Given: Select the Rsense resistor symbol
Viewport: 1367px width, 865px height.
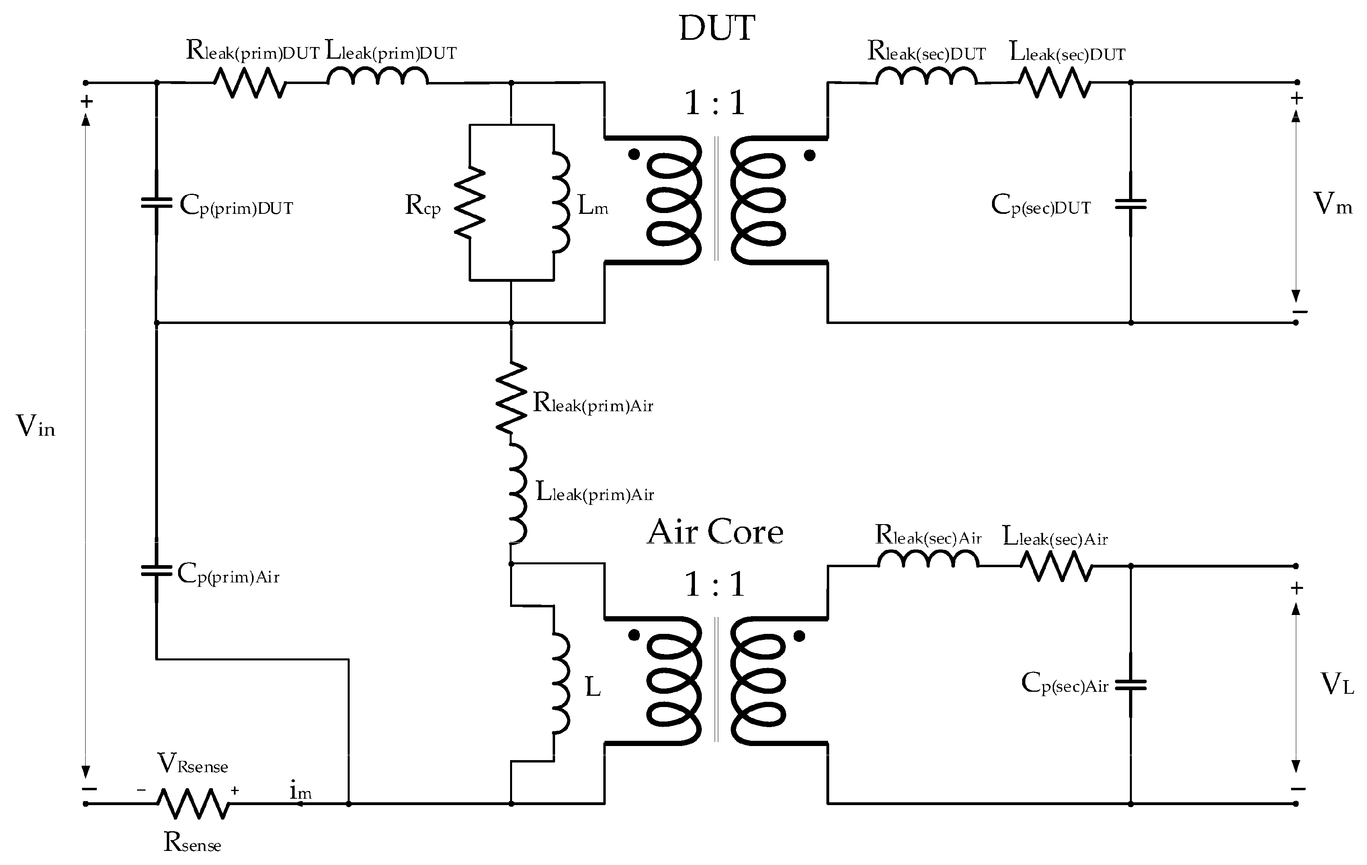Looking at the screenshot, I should tap(193, 803).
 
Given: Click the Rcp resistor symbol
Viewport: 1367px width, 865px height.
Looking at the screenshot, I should tap(470, 203).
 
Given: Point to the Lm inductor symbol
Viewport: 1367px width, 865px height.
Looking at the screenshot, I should tap(561, 203).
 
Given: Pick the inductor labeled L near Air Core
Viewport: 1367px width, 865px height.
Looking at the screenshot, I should tap(561, 684).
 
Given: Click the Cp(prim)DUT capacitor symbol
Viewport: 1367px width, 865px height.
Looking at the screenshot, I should tap(157, 203).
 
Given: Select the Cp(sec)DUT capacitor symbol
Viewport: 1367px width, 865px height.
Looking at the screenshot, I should tap(1130, 204).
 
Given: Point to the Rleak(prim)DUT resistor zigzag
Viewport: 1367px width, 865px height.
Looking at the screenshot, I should tap(250, 83).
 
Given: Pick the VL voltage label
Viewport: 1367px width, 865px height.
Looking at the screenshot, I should tap(1336, 684).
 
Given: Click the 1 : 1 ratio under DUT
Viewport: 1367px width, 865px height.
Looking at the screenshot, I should tap(715, 103).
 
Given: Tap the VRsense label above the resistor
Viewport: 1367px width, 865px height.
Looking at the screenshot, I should tap(193, 764).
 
